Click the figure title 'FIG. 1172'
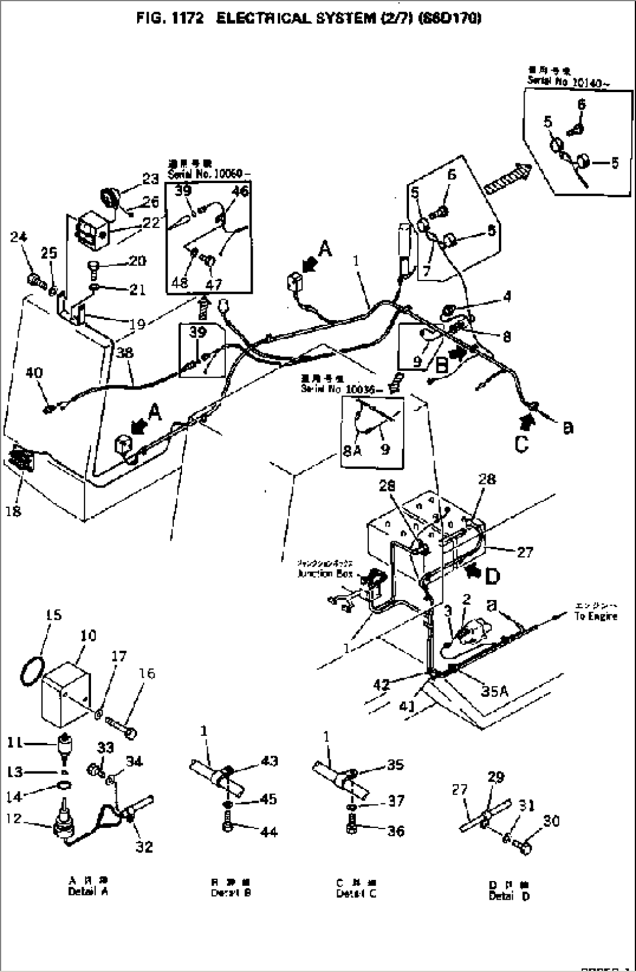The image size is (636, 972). point(170,19)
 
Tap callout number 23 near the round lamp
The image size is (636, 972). point(151,180)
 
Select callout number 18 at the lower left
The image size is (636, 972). point(13,511)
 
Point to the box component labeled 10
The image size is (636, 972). point(65,694)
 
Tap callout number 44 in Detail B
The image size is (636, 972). point(269,831)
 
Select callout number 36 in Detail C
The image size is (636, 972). point(396,831)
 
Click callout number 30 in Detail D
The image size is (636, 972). point(550,821)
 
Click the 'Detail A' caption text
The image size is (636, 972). point(88,891)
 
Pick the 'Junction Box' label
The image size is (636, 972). point(324,573)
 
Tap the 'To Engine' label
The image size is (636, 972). point(595,616)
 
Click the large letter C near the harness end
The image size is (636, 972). point(522,444)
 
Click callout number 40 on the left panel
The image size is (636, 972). point(34,373)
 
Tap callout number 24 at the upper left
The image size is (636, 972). point(19,237)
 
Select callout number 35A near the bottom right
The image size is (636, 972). point(494,692)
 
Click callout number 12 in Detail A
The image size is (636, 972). point(15,819)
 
